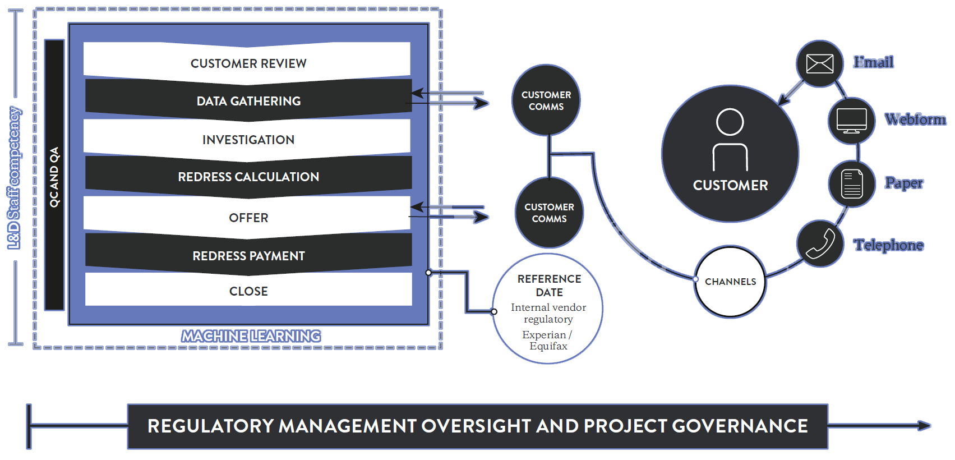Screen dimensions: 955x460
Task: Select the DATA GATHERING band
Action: [x=248, y=100]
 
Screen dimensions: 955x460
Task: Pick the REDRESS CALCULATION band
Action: [x=248, y=177]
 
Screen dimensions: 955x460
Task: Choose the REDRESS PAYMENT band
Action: [x=248, y=255]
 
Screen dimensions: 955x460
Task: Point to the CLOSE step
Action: [x=248, y=291]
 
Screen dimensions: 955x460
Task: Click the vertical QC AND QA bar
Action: [x=54, y=175]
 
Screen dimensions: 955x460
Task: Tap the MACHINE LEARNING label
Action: [x=251, y=336]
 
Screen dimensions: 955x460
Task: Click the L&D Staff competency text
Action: [x=14, y=178]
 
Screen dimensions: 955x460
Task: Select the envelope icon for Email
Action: [x=819, y=64]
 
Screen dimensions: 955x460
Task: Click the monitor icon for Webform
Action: [x=851, y=121]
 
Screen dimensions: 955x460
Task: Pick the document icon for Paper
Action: [x=852, y=184]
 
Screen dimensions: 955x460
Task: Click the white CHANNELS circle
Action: [x=730, y=282]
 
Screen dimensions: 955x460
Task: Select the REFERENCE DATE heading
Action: [x=549, y=285]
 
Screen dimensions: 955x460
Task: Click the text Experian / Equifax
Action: [x=548, y=340]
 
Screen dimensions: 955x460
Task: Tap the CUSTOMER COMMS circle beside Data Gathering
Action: [x=546, y=100]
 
